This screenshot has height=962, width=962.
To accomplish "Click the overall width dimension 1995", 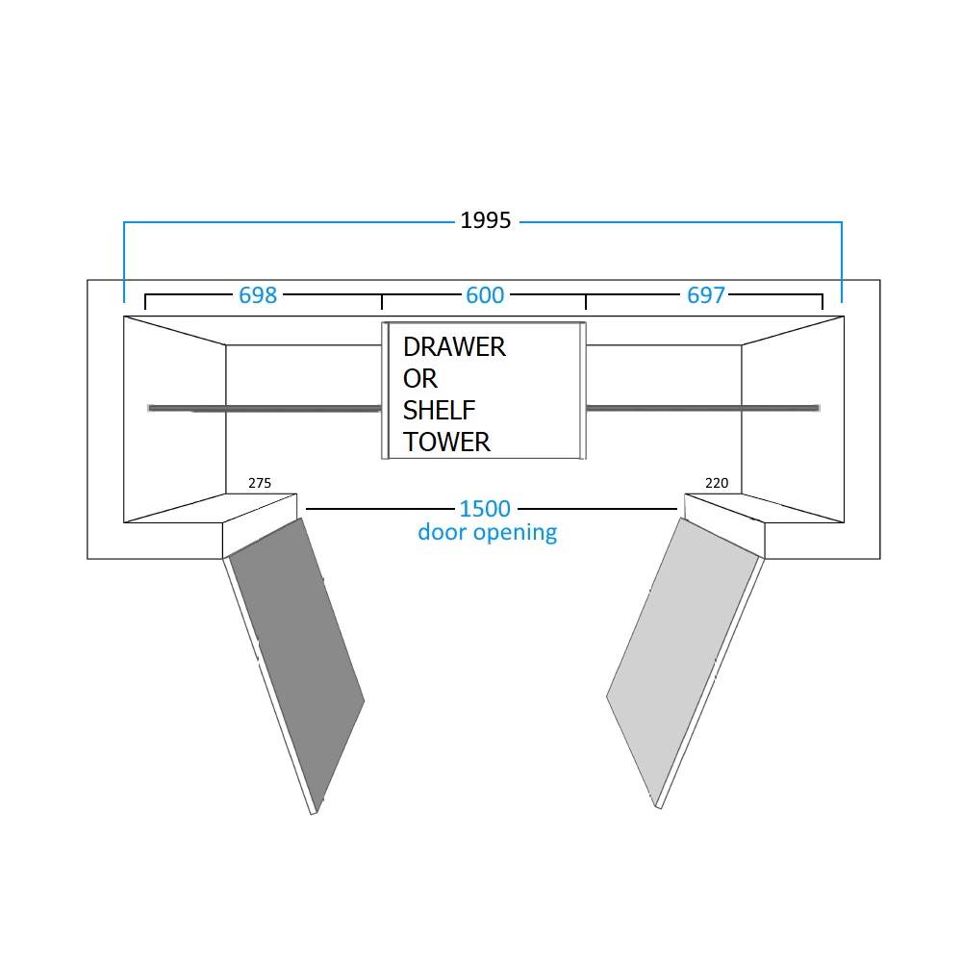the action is click(x=485, y=220).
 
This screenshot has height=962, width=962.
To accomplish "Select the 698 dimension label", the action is click(x=258, y=295).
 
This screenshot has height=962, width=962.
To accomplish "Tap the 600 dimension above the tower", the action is click(x=485, y=295).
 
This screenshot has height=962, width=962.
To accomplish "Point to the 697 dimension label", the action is click(x=705, y=295).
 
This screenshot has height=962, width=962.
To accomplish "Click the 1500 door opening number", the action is click(x=485, y=509).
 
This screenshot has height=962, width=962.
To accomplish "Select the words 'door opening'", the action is click(x=487, y=533).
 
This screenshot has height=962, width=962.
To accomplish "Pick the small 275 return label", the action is click(x=260, y=483).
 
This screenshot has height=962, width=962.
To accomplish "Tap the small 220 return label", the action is click(x=717, y=483).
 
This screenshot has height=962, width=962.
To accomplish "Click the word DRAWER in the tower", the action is click(x=454, y=347).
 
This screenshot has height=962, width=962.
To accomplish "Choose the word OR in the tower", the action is click(x=420, y=379).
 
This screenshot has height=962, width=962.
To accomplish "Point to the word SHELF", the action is click(x=440, y=411).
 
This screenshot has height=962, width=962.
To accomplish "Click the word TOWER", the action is click(x=446, y=443).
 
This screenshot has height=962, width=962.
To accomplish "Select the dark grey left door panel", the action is click(x=297, y=665).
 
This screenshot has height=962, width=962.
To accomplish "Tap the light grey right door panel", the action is click(x=682, y=662).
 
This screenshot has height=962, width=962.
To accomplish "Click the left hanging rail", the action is click(x=265, y=408).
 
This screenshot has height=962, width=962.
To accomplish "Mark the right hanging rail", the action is click(x=703, y=408).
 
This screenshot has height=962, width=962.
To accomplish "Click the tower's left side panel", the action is click(x=386, y=391).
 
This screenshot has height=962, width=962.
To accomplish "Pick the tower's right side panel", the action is click(x=583, y=391).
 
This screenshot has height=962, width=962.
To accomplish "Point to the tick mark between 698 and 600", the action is click(x=382, y=301).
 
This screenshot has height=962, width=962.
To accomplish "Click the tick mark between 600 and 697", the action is click(x=586, y=301).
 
